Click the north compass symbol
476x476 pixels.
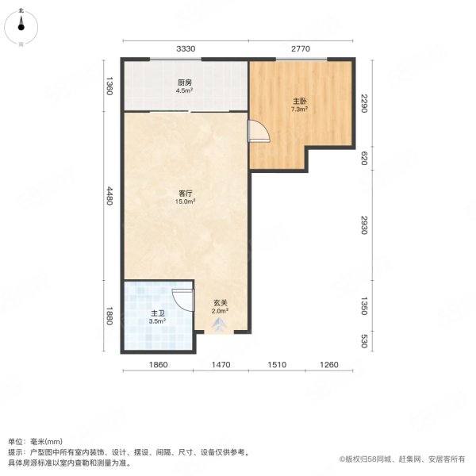pos(22,25)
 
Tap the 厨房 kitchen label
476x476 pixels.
pos(184,83)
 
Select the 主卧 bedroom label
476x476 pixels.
pos(300,102)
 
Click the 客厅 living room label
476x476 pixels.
pos(186,193)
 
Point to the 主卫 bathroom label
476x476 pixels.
pos(157,313)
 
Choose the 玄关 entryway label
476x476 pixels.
pos(220,302)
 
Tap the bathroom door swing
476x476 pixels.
pos(183,300)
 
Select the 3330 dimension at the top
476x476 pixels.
pos(186,49)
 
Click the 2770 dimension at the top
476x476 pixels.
pos(300,49)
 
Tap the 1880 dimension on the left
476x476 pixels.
pos(110,317)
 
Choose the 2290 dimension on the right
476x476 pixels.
pos(364,103)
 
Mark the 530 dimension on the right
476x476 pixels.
pos(364,341)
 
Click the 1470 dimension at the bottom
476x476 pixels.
pos(220,365)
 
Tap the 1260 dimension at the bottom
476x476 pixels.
pos(329,365)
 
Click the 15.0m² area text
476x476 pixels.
pos(186,202)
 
